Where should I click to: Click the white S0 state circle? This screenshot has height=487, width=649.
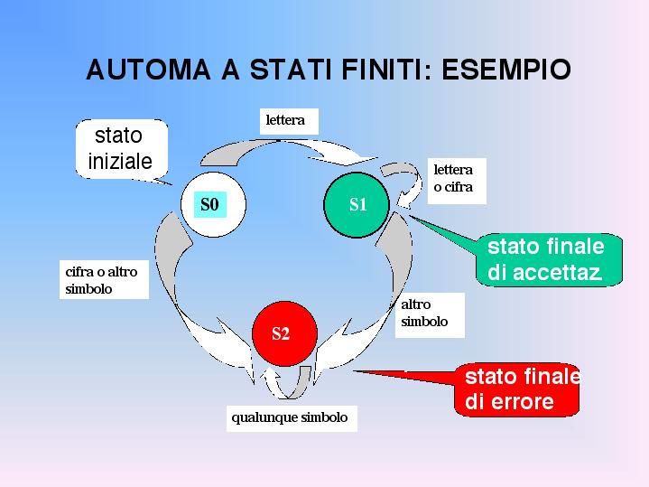(213, 204)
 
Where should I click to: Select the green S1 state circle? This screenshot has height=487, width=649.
(357, 205)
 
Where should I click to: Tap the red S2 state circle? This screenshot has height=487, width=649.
(284, 333)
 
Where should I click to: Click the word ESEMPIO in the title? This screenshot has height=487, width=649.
(506, 70)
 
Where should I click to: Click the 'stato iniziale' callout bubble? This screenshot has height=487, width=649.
(122, 149)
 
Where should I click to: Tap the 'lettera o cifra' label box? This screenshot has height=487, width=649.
(457, 181)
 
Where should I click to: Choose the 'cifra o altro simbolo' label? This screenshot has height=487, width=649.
(104, 280)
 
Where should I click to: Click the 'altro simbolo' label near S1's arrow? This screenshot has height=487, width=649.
(430, 315)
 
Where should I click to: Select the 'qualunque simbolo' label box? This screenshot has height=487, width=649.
(292, 418)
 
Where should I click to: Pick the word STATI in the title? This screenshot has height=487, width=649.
(291, 70)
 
